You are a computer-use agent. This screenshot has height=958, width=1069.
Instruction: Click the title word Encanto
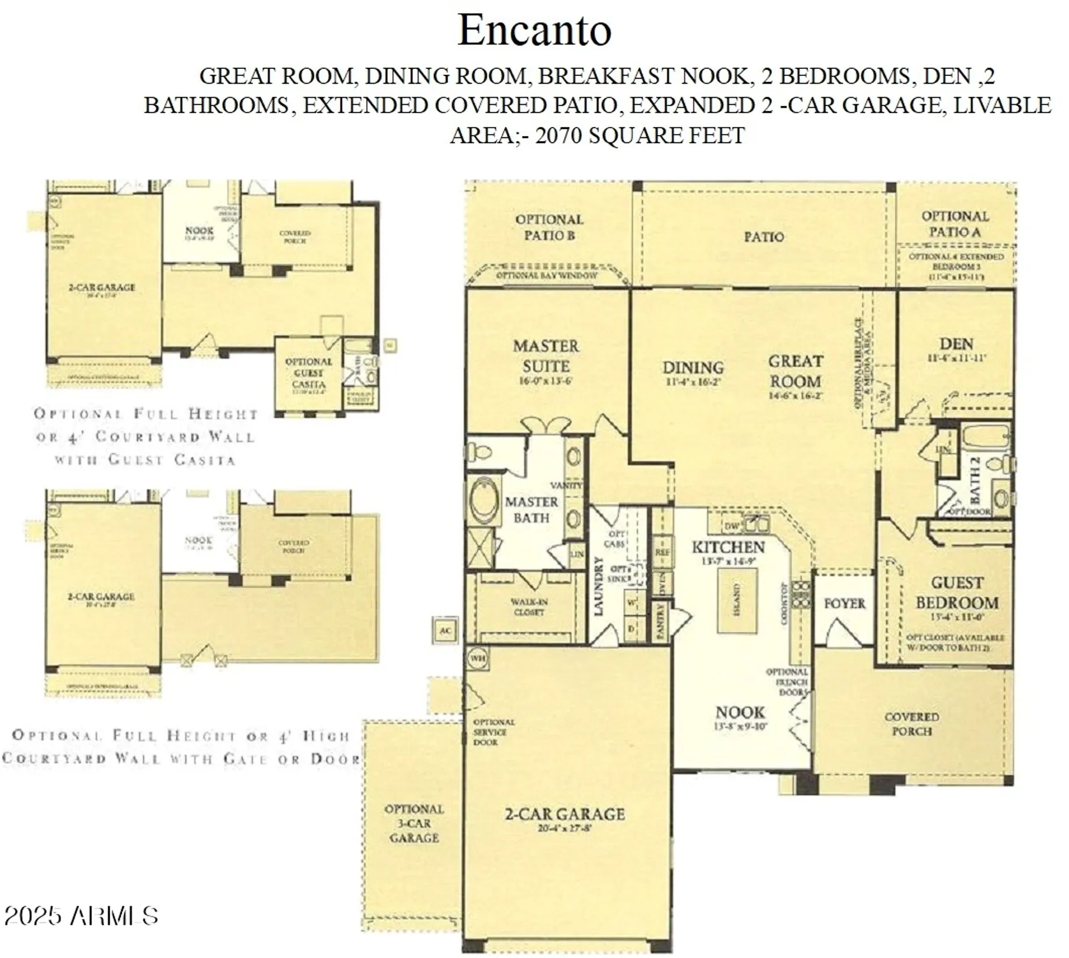pos(534,30)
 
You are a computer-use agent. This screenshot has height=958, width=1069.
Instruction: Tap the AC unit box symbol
pos(445,630)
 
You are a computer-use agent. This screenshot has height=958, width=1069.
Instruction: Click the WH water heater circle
pos(478,658)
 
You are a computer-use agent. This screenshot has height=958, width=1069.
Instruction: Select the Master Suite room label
pos(546,356)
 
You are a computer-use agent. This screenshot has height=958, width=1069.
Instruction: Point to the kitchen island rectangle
pos(737,600)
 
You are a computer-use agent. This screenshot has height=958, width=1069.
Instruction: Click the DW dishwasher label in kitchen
pos(732,526)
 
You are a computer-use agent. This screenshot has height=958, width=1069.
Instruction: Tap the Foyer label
pos(844,604)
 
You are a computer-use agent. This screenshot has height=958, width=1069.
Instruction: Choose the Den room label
pos(956,344)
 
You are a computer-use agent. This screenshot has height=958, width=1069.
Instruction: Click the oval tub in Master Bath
pos(482,500)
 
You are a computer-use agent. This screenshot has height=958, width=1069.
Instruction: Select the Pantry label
pos(661,620)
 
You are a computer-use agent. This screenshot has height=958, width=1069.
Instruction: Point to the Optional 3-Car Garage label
pos(414,823)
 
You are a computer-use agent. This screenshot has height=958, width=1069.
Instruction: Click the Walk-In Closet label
pos(529,607)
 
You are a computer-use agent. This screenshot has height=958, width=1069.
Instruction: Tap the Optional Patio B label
pos(549,227)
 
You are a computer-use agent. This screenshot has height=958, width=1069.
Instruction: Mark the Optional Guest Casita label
pos(308,373)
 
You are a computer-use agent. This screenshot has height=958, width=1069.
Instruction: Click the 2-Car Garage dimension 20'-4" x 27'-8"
pos(564,829)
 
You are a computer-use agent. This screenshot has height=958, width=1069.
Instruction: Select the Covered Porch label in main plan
pos(911,724)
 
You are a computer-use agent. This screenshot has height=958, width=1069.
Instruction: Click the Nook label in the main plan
pos(740,712)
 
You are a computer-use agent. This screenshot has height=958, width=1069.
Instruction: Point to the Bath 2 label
pos(975,479)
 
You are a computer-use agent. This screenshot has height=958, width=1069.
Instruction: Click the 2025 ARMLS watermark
pos(81,916)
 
